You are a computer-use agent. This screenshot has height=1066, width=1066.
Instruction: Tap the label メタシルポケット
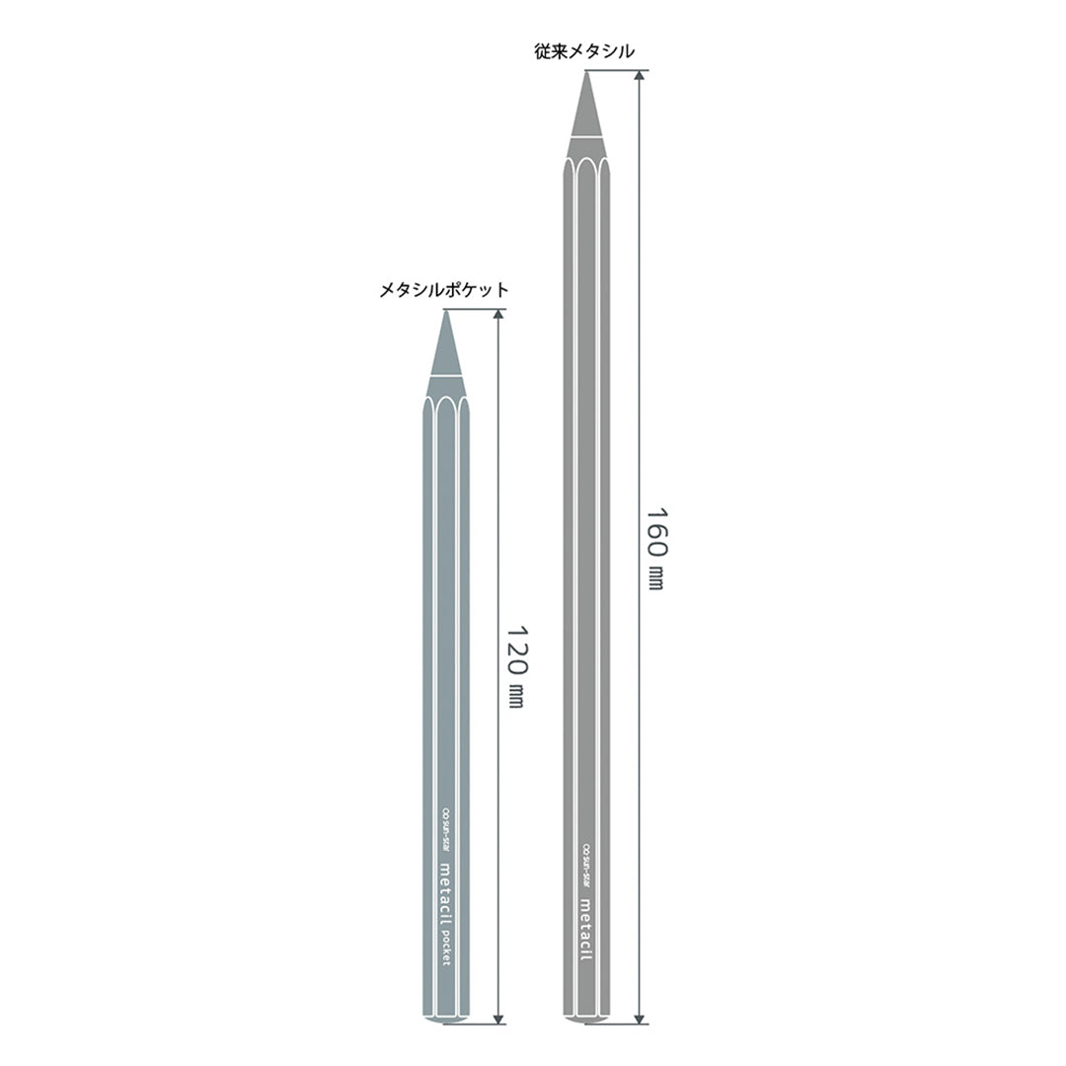pyautogui.click(x=444, y=290)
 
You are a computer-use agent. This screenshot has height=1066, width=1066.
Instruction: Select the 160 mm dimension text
pyautogui.click(x=654, y=548)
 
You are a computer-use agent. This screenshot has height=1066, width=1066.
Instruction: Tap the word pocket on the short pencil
pyautogui.click(x=445, y=946)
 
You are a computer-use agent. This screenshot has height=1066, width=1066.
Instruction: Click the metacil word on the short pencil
pyautogui.click(x=445, y=890)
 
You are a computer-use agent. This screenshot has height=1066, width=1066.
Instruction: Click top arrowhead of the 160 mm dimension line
pyautogui.click(x=641, y=76)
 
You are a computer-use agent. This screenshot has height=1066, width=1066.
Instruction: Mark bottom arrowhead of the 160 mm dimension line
pyautogui.click(x=641, y=1018)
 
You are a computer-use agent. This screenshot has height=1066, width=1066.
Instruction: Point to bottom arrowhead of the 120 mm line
pyautogui.click(x=499, y=1018)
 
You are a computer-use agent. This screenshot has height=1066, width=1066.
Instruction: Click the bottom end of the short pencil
pyautogui.click(x=446, y=1020)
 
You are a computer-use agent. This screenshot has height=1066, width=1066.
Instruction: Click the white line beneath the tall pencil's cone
pyautogui.click(x=587, y=135)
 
